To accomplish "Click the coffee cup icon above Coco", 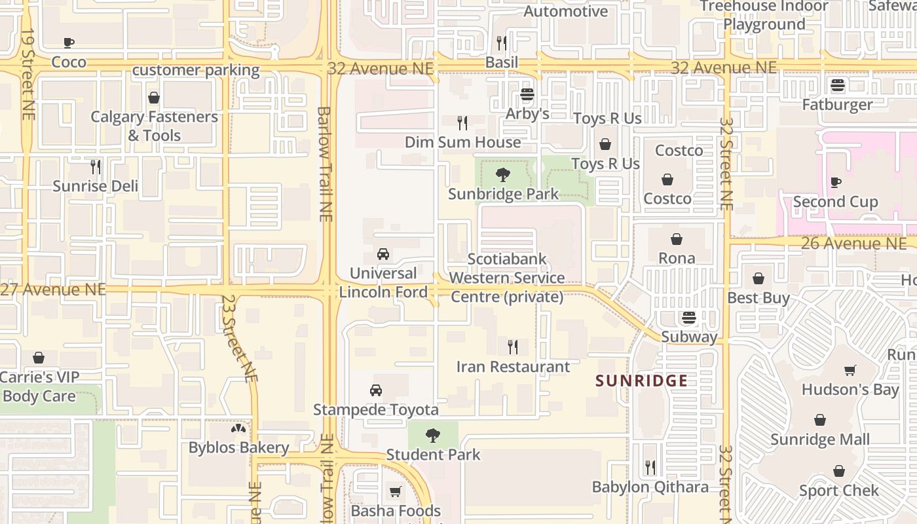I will click(69, 43).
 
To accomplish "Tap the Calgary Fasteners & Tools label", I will click(154, 126).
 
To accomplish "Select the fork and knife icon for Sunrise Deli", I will click(96, 167).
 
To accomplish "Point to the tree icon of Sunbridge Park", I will click(503, 175).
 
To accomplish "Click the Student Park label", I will click(433, 455).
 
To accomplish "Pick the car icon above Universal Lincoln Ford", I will click(383, 254).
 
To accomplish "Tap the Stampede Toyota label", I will click(375, 410).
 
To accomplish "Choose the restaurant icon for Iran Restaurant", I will click(513, 347).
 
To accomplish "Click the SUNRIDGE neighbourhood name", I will click(641, 381).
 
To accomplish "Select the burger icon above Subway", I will click(688, 318).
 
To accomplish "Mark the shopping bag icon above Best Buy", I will click(758, 278).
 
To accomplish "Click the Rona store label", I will click(677, 258).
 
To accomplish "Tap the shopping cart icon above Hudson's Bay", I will click(850, 370).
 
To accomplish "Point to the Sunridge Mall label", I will click(820, 440).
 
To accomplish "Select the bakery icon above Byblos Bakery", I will click(238, 429).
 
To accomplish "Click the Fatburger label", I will click(837, 105).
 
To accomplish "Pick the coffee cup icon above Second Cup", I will click(835, 182).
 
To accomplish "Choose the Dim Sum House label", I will click(462, 142).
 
